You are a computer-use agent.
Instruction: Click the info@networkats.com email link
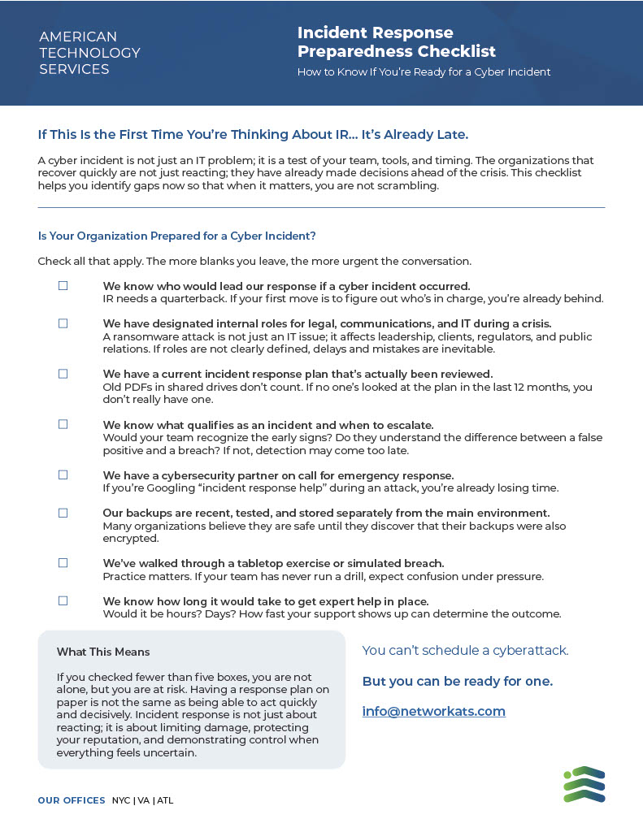click(x=433, y=712)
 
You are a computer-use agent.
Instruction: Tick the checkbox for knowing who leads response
click(x=63, y=286)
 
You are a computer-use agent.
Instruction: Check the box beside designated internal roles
click(x=63, y=323)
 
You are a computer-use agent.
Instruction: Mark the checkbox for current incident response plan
click(x=63, y=374)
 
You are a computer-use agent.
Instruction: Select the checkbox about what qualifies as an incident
click(x=63, y=424)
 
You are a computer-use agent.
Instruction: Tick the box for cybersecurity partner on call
click(x=63, y=474)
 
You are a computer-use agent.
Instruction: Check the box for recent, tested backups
click(x=63, y=513)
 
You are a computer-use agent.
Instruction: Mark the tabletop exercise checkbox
click(x=63, y=563)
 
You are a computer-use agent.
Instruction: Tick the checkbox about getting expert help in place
click(x=63, y=600)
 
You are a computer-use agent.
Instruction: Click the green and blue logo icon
click(x=584, y=784)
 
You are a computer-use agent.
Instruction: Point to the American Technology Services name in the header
click(x=89, y=53)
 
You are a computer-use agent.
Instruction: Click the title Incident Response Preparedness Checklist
click(x=396, y=42)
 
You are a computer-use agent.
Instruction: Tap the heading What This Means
click(x=103, y=652)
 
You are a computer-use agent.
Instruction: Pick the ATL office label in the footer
click(x=165, y=800)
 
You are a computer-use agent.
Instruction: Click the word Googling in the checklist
click(x=167, y=488)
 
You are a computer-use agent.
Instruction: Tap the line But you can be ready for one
click(x=457, y=681)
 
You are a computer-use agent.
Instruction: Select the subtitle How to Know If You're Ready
click(x=424, y=72)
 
